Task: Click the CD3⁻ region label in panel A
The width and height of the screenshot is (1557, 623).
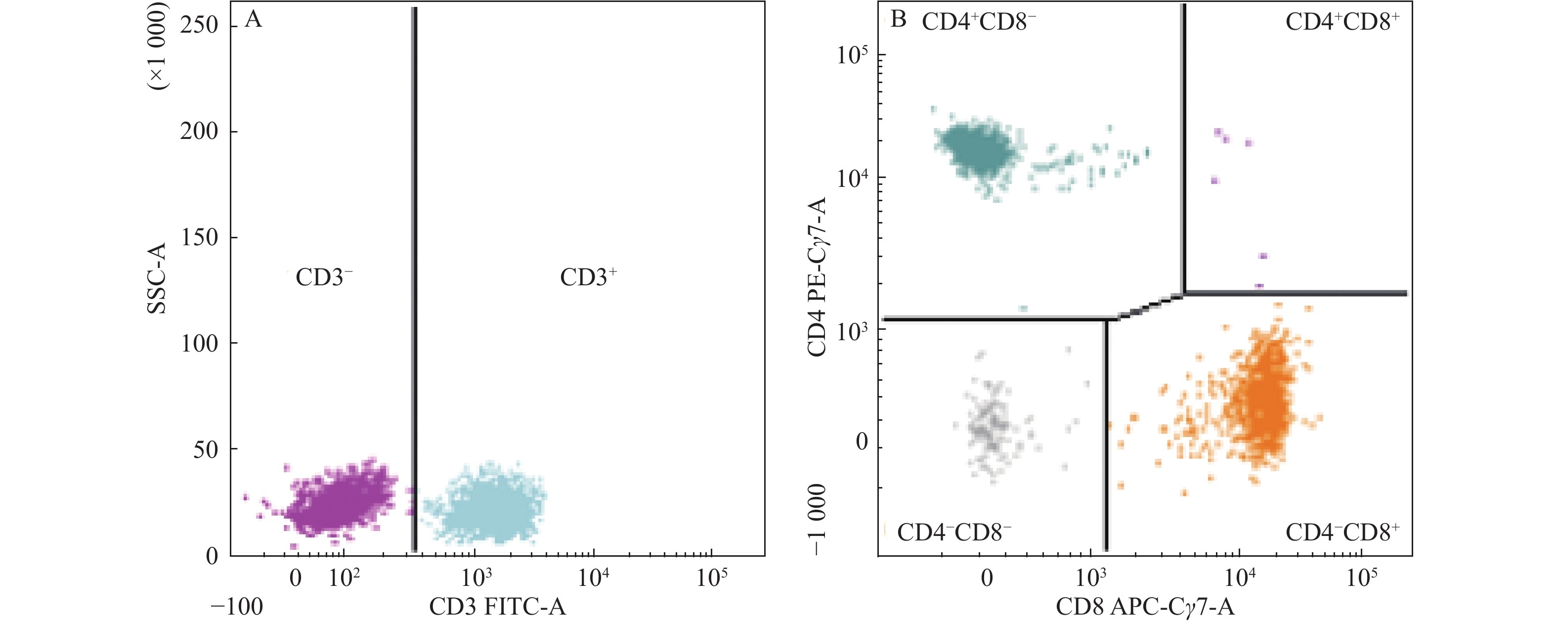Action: pyautogui.click(x=323, y=277)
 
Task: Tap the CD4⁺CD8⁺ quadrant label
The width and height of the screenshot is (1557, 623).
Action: pyautogui.click(x=1342, y=22)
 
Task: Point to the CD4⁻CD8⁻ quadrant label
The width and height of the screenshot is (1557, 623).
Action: pyautogui.click(x=954, y=533)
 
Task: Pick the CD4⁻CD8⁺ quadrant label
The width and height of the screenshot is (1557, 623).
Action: pyautogui.click(x=1342, y=533)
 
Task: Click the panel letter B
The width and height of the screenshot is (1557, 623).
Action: pyautogui.click(x=899, y=20)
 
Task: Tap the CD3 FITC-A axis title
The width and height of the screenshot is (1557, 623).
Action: pyautogui.click(x=497, y=607)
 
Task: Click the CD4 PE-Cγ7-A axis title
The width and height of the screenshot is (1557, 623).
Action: pyautogui.click(x=817, y=276)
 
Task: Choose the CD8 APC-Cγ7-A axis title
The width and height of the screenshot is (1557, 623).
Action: pyautogui.click(x=1145, y=607)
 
